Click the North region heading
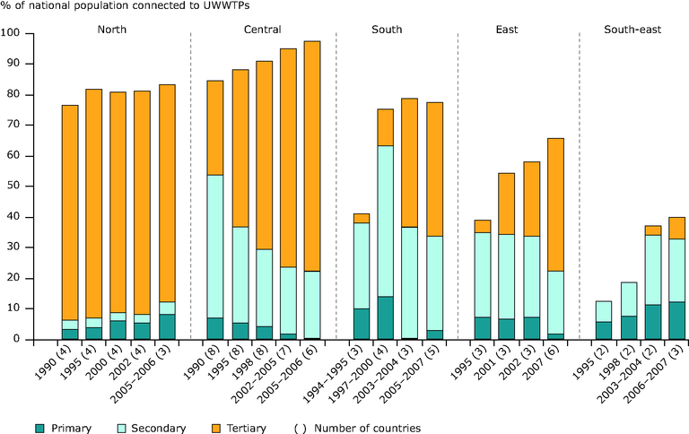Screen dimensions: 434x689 (112, 30)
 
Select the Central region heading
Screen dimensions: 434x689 (262, 30)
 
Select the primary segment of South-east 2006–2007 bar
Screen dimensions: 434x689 (676, 320)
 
